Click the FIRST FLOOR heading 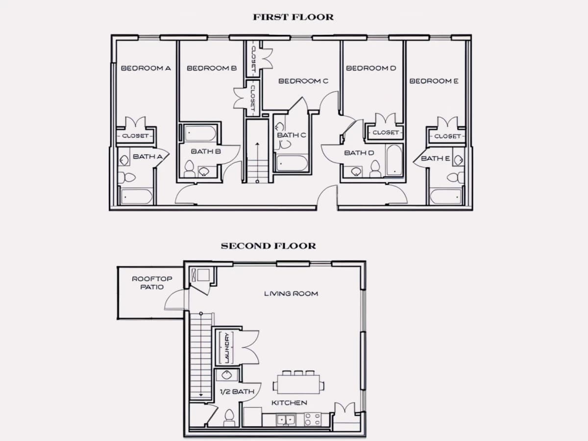294,17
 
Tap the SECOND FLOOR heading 269,246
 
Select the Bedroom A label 146,68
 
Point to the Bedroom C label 303,81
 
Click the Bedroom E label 434,81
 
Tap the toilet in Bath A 127,177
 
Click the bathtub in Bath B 200,133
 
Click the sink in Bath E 458,160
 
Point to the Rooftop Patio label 152,283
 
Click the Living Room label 291,294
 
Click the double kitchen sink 286,419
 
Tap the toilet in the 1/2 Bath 229,418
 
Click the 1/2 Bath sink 227,375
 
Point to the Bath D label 359,153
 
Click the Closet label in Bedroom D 386,132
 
